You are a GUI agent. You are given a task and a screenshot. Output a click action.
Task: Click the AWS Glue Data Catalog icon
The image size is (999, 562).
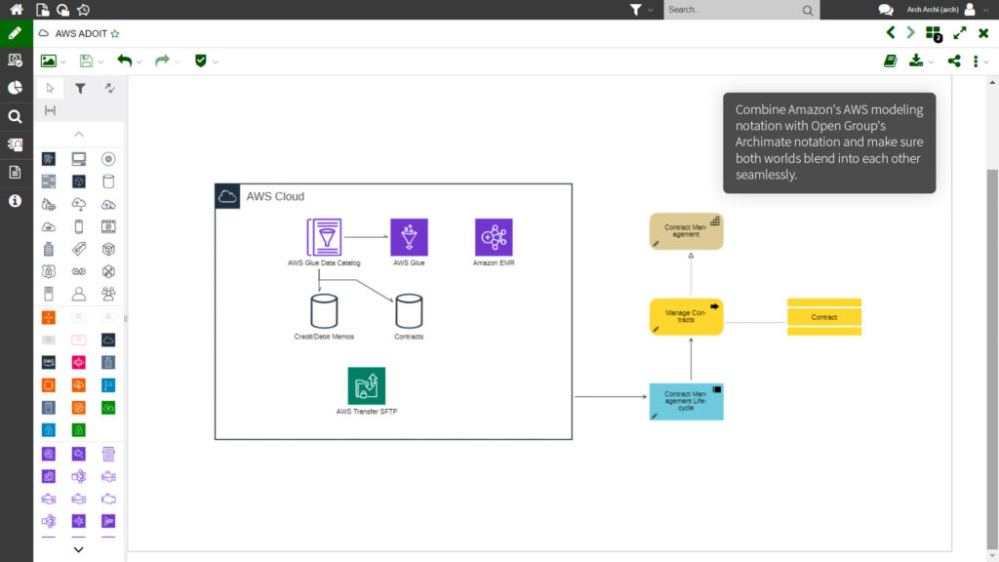click(x=324, y=237)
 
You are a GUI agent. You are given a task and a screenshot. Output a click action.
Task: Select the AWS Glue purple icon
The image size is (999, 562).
click(x=409, y=237)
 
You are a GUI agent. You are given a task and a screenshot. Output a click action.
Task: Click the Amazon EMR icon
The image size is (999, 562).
click(x=494, y=237)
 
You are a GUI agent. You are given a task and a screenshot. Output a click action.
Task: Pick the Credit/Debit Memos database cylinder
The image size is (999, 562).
click(x=324, y=311)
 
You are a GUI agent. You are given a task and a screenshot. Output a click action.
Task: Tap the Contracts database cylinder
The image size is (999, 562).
click(x=409, y=311)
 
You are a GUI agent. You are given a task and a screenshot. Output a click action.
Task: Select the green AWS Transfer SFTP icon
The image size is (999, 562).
click(x=367, y=385)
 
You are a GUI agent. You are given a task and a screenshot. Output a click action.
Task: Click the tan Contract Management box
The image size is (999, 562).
click(x=686, y=231)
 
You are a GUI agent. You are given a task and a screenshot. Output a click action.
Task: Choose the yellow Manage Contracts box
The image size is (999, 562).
click(x=686, y=317)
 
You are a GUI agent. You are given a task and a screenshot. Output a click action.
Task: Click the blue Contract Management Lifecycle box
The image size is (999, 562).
click(x=686, y=402)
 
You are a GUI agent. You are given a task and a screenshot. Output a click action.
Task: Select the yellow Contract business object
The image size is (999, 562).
click(x=824, y=317)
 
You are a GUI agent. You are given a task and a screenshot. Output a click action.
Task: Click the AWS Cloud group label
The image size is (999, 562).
click(x=275, y=196)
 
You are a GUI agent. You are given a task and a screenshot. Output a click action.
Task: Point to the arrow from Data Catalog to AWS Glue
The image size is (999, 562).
click(x=366, y=237)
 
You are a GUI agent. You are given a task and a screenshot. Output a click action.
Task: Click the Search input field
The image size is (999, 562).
click(x=732, y=10)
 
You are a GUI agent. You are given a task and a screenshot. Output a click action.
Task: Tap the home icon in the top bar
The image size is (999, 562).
click(x=17, y=10)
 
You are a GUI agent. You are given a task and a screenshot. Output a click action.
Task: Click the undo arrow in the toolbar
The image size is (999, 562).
click(x=124, y=60)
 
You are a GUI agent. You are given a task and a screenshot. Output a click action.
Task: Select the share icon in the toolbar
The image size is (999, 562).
click(x=954, y=60)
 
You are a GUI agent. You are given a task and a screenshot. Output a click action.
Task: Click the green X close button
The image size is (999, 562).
click(x=983, y=33)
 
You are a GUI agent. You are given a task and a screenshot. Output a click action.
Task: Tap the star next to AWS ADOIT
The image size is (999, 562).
click(x=115, y=33)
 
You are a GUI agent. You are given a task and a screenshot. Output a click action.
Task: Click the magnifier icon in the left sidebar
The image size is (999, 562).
click(x=15, y=116)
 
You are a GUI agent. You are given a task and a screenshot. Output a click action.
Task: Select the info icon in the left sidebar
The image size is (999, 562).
click(x=15, y=201)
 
